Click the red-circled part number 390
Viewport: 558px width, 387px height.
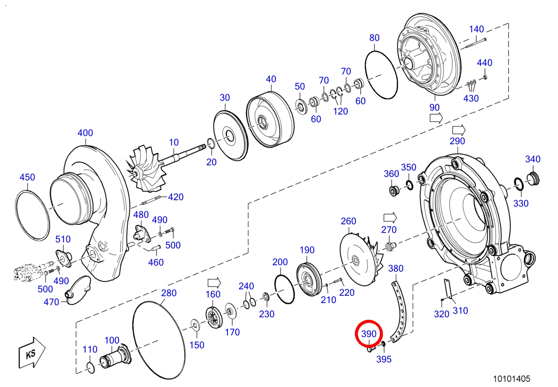[369, 334]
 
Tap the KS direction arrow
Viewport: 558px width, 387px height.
[32, 353]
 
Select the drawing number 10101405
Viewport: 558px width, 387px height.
[512, 379]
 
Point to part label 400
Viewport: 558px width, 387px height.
[85, 133]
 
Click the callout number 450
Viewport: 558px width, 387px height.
[27, 177]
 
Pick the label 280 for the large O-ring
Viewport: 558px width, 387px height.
[169, 293]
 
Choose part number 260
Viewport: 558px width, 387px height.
[348, 221]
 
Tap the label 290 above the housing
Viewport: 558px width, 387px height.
[457, 141]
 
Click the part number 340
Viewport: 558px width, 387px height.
[533, 159]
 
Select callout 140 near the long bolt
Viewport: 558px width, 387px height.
[476, 29]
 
